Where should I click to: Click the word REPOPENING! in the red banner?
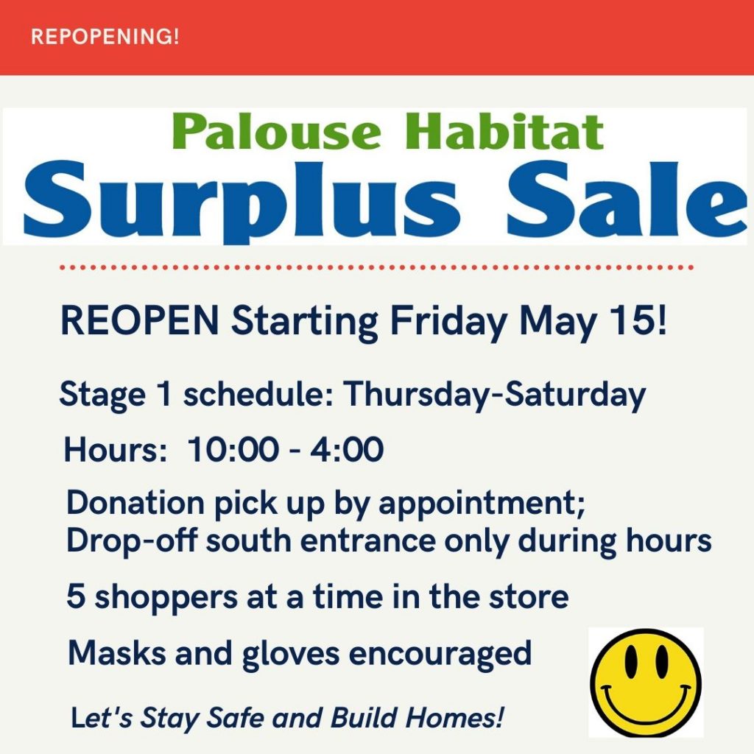[x=105, y=37]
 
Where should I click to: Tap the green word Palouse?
[x=277, y=131]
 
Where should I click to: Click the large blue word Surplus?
[x=241, y=200]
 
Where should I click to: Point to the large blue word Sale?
[x=626, y=198]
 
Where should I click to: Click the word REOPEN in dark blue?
[x=140, y=321]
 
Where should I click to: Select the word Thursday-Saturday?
[x=493, y=395]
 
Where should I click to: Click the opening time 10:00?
[x=233, y=450]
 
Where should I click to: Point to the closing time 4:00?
[x=347, y=450]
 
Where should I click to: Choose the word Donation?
[x=135, y=503]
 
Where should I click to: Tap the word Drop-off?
[x=131, y=540]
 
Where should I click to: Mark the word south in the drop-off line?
[x=249, y=541]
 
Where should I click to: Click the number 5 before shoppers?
[x=76, y=596]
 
